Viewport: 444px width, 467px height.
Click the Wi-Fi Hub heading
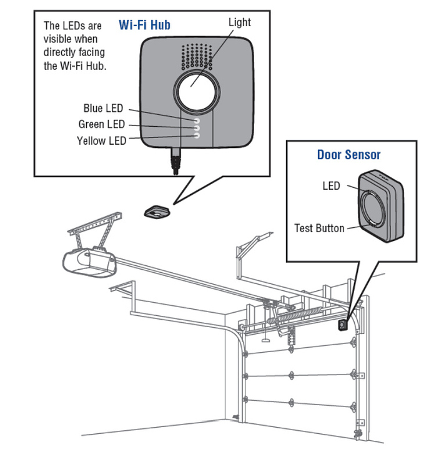coord(144,26)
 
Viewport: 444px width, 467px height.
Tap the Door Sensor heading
coord(348,154)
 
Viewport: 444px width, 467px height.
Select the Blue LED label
coord(103,109)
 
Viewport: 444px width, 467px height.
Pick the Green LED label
coord(101,124)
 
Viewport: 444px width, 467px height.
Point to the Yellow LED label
coord(101,140)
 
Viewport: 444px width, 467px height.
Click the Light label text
coord(239,22)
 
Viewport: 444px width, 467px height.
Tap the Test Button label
coord(319,228)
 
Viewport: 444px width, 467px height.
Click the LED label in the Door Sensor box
coord(331,185)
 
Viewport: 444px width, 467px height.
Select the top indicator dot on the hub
coord(196,119)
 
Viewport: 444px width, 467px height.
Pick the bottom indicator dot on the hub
coord(196,134)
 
